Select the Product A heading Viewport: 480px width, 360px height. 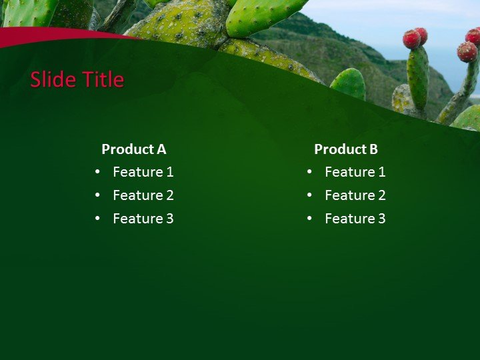click(133, 149)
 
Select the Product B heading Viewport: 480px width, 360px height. click(345, 149)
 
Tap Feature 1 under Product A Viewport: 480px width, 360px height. click(143, 172)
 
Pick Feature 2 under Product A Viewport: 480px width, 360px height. click(143, 195)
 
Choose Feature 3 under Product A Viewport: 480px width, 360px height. click(143, 219)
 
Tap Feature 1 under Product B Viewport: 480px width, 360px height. click(355, 172)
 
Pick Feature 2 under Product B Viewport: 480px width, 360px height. click(355, 195)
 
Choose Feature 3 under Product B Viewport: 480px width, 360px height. click(355, 219)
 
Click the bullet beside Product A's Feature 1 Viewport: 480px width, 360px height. click(98, 172)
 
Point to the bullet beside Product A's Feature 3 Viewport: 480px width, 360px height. click(98, 219)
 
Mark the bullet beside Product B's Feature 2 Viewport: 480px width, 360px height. click(310, 195)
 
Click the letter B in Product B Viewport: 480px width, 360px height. click(373, 149)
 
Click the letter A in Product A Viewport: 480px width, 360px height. click(161, 149)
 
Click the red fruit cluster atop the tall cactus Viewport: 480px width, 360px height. click(415, 38)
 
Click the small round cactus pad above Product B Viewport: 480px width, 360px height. click(348, 84)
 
